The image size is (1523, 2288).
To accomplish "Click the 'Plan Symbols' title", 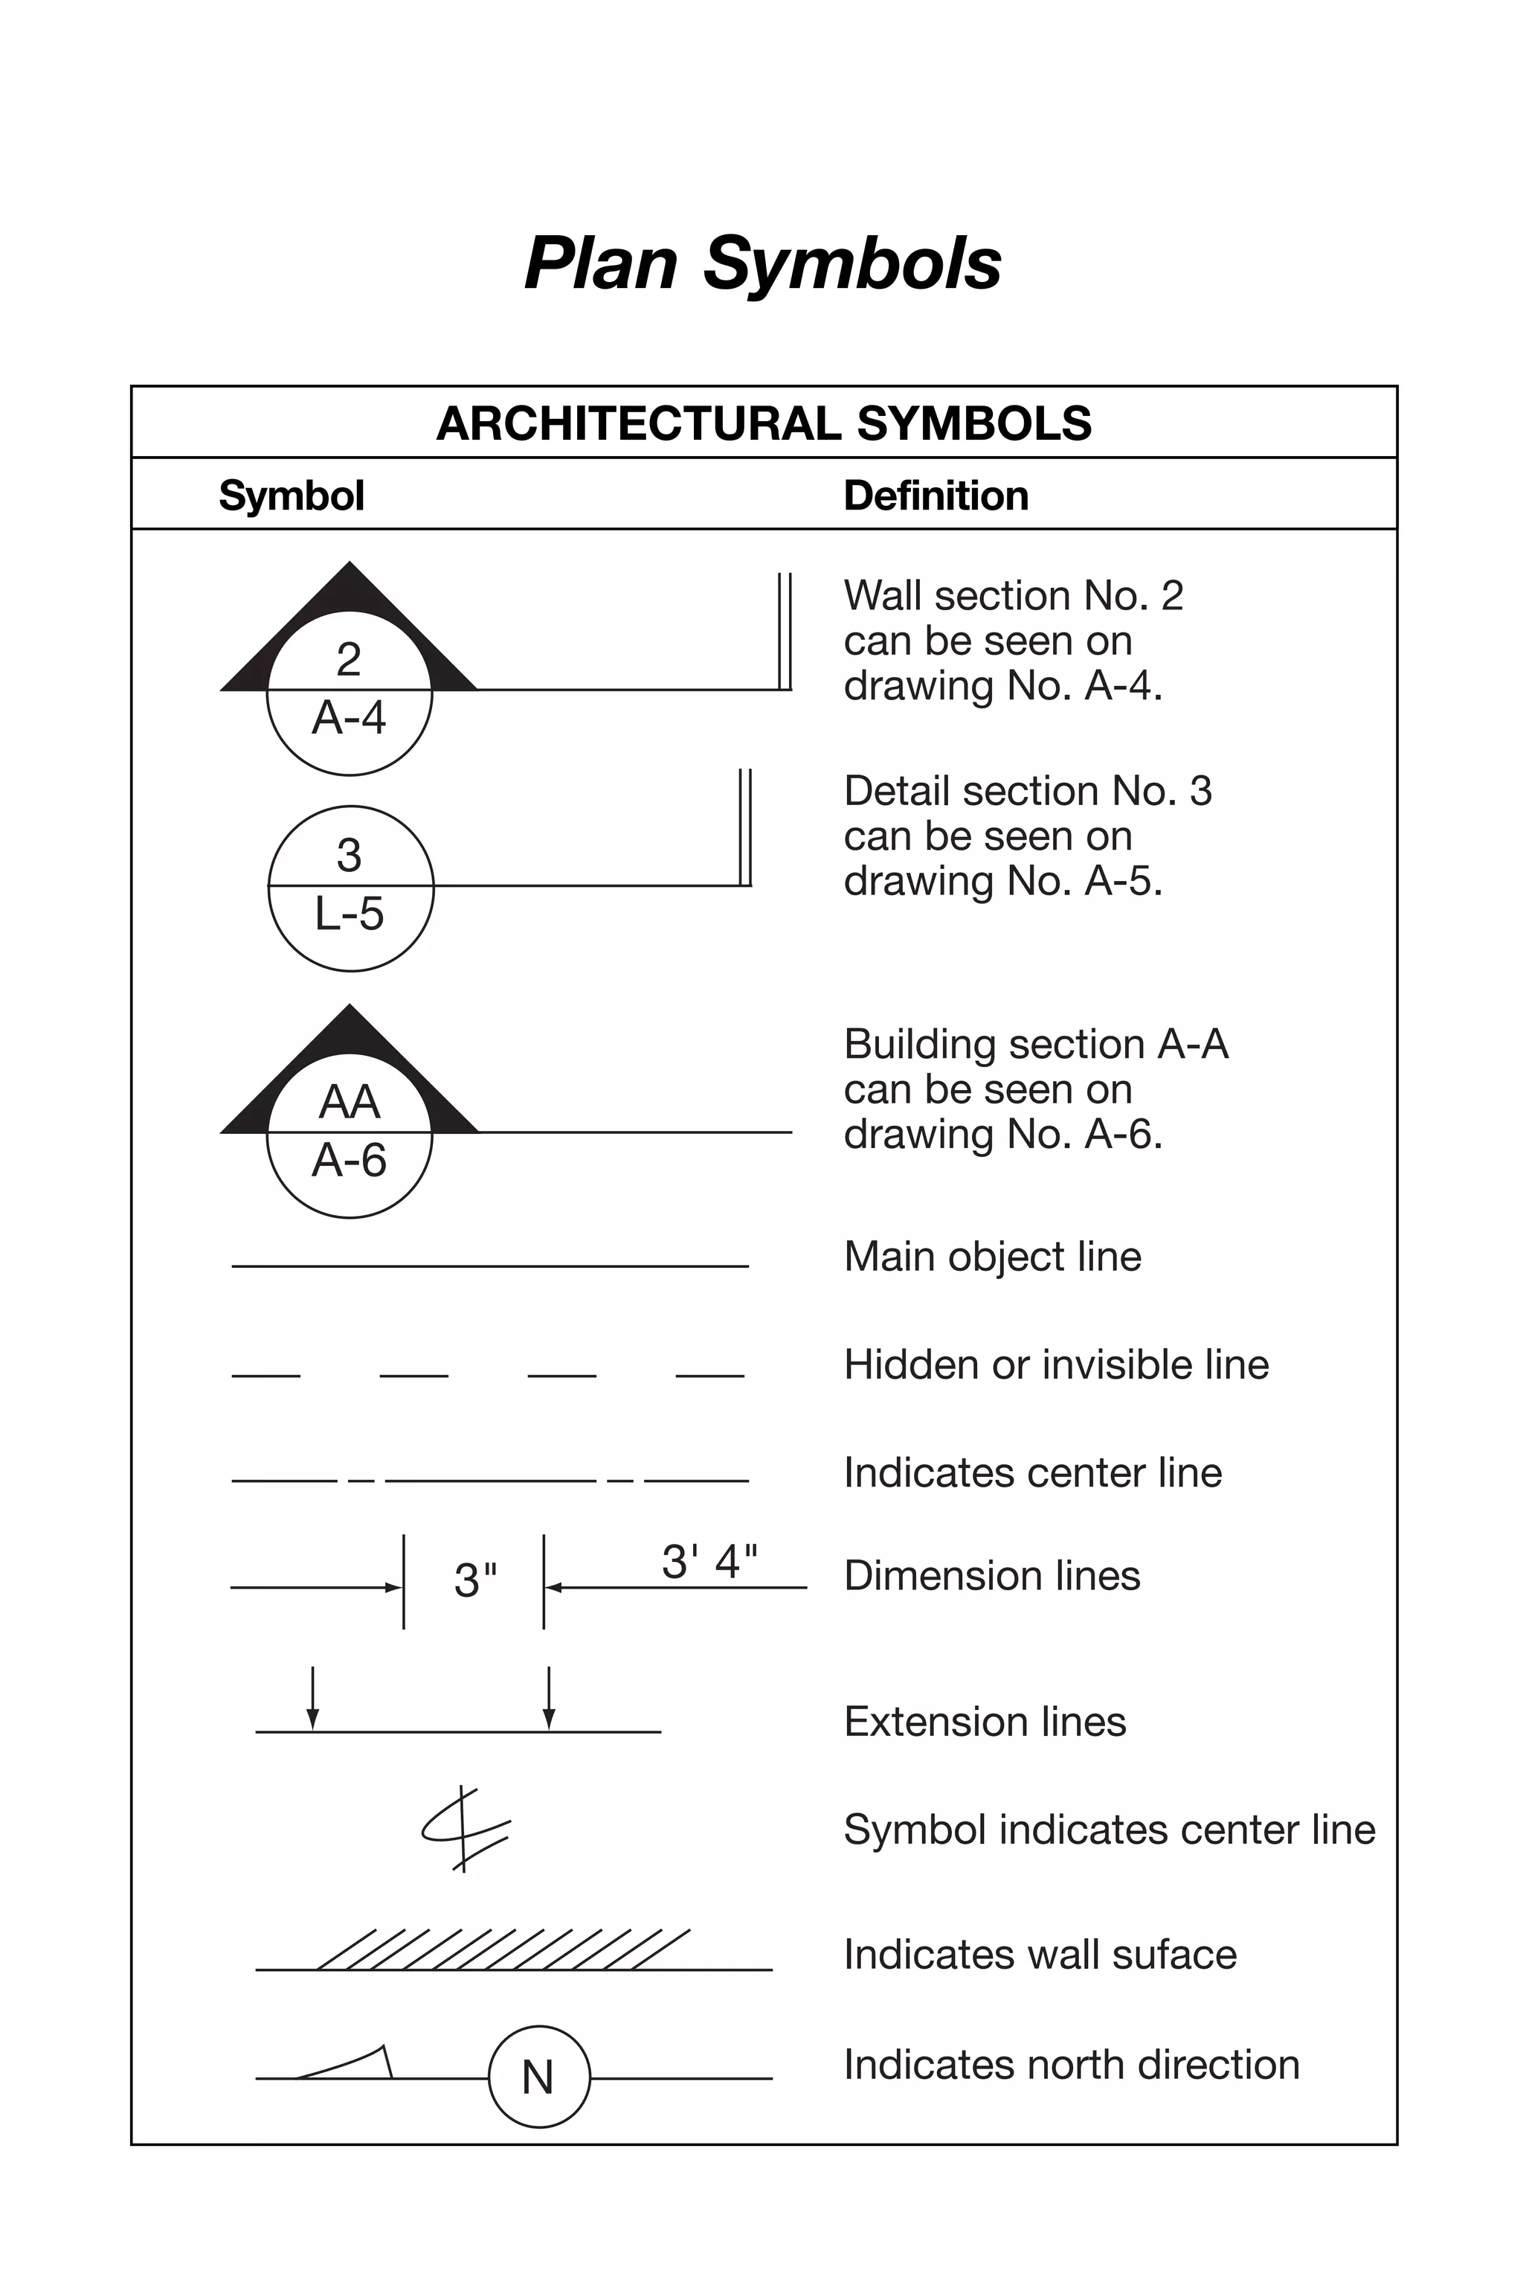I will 762,263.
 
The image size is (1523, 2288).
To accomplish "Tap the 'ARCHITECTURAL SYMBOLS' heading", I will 764,423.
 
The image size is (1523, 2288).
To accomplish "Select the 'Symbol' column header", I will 292,496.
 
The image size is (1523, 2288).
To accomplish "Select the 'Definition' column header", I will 936,496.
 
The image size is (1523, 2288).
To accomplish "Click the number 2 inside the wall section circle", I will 349,660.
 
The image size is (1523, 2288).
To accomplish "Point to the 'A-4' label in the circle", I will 349,718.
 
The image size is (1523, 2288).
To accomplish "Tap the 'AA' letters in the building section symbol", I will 350,1102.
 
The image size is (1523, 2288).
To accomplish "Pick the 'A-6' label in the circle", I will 350,1160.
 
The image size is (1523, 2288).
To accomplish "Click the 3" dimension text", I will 475,1580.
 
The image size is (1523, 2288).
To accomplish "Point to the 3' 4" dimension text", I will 709,1561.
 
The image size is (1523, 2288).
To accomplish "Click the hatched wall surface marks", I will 505,1949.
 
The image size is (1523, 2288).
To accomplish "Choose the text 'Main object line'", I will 992,1256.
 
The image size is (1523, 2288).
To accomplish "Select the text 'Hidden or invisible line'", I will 1056,1364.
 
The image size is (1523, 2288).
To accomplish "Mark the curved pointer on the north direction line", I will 350,2063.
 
